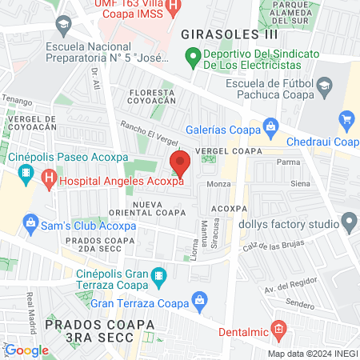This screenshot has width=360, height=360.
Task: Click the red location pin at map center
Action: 180,162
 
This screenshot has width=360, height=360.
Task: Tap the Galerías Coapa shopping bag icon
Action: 271,126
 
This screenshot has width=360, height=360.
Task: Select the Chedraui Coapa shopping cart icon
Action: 347,121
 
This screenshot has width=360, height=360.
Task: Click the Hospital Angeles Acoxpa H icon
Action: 49,181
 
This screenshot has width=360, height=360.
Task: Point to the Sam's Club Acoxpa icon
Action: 31,222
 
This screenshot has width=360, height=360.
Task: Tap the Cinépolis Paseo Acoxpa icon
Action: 26,172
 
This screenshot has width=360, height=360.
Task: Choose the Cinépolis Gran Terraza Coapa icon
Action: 158,277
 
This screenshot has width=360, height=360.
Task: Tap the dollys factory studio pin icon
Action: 348,220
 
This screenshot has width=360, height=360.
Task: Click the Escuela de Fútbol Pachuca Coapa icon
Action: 324,86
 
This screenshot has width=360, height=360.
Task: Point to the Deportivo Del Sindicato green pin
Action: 192,57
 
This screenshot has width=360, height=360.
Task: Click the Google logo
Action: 26,349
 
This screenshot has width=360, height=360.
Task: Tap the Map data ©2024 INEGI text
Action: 312,353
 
